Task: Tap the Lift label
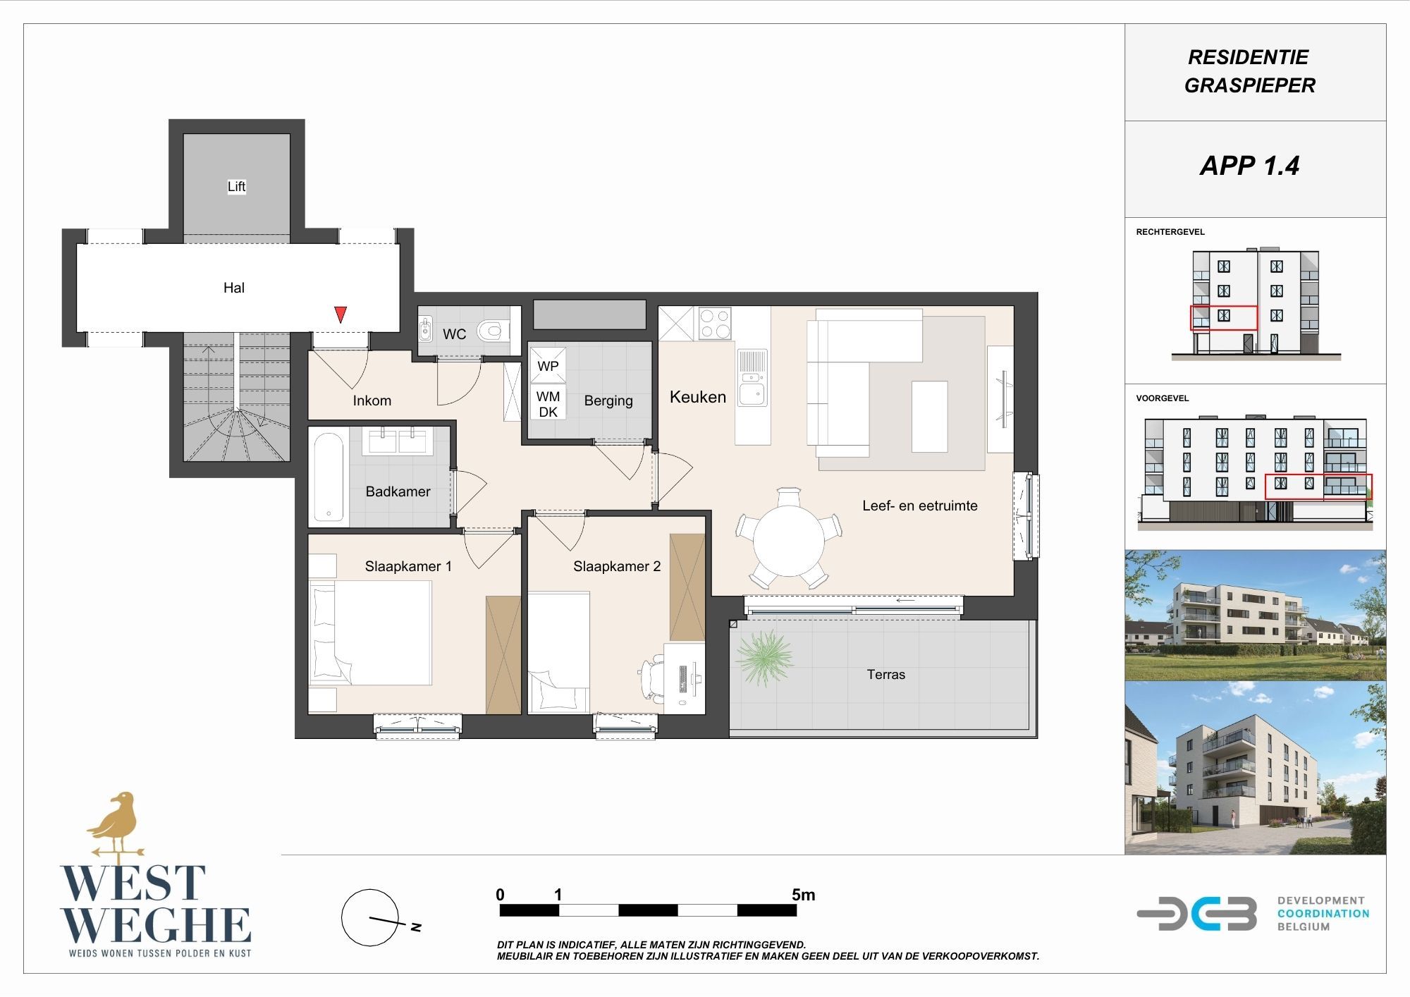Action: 236,186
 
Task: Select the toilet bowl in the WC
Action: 493,330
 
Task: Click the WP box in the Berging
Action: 548,365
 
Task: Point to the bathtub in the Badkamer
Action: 329,477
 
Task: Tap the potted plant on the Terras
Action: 764,658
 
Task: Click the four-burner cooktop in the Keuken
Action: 715,324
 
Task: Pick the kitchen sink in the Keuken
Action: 752,379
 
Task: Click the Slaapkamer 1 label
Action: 408,566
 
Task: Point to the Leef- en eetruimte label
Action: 920,506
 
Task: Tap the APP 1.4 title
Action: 1249,166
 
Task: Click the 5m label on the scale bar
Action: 803,895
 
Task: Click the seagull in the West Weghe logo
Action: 115,823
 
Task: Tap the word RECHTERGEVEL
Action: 1170,232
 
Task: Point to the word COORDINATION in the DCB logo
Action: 1323,914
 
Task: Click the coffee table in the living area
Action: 929,416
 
